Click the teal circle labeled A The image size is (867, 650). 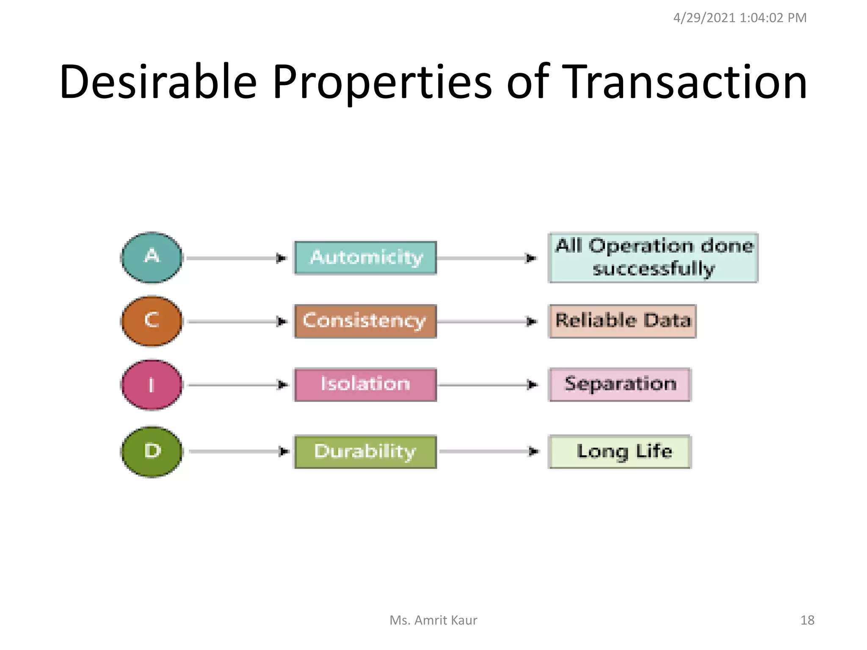152,257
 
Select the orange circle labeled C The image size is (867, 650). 152,321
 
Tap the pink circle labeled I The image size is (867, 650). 152,385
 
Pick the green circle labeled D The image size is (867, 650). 152,452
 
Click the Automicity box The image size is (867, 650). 365,258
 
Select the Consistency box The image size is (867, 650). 365,321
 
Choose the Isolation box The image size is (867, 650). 365,384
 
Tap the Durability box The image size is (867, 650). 365,452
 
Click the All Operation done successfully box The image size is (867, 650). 653,258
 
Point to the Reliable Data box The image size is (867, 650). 622,321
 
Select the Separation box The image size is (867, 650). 620,384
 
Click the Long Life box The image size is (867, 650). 620,452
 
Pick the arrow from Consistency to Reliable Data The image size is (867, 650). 487,322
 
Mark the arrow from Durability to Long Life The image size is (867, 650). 489,452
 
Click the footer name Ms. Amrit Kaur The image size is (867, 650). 433,620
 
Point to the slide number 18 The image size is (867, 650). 807,620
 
